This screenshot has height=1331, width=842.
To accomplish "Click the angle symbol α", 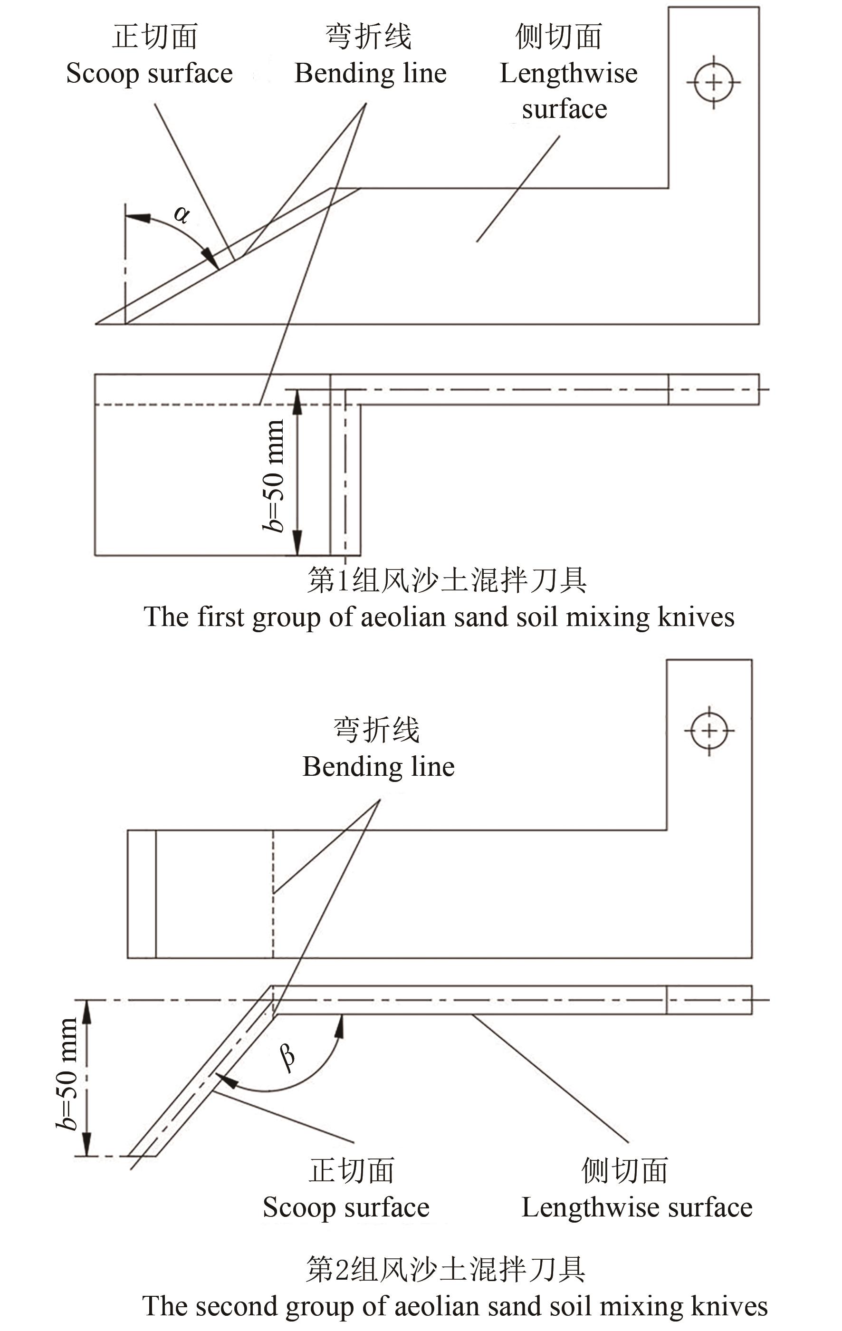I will click(x=181, y=214).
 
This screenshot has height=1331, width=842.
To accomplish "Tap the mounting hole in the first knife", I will click(x=713, y=82).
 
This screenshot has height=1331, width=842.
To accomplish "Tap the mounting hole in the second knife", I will click(x=709, y=731).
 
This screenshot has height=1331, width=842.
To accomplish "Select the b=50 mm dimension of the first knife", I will click(x=274, y=475).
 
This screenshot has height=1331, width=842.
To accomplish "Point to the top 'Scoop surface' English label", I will click(x=149, y=74).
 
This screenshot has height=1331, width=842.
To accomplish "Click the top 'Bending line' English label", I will click(x=370, y=74).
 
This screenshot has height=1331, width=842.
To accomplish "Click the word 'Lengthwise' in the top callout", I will click(x=568, y=74).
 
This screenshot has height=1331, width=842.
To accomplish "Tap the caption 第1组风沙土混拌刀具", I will click(x=446, y=580).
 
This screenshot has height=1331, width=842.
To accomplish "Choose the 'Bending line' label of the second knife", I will click(x=378, y=767).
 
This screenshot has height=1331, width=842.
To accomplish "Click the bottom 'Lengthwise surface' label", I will click(x=636, y=1208).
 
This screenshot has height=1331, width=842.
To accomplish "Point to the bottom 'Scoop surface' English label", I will click(x=346, y=1208).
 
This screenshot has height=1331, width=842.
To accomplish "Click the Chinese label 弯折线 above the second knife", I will click(x=377, y=730).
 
